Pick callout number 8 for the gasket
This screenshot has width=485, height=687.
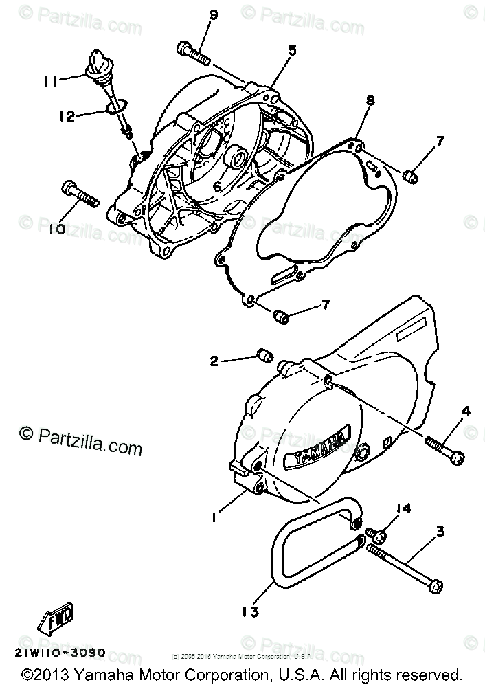370,100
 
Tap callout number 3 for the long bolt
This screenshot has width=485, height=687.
440,531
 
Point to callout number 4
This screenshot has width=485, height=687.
465,412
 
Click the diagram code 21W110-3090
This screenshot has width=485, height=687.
59,652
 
